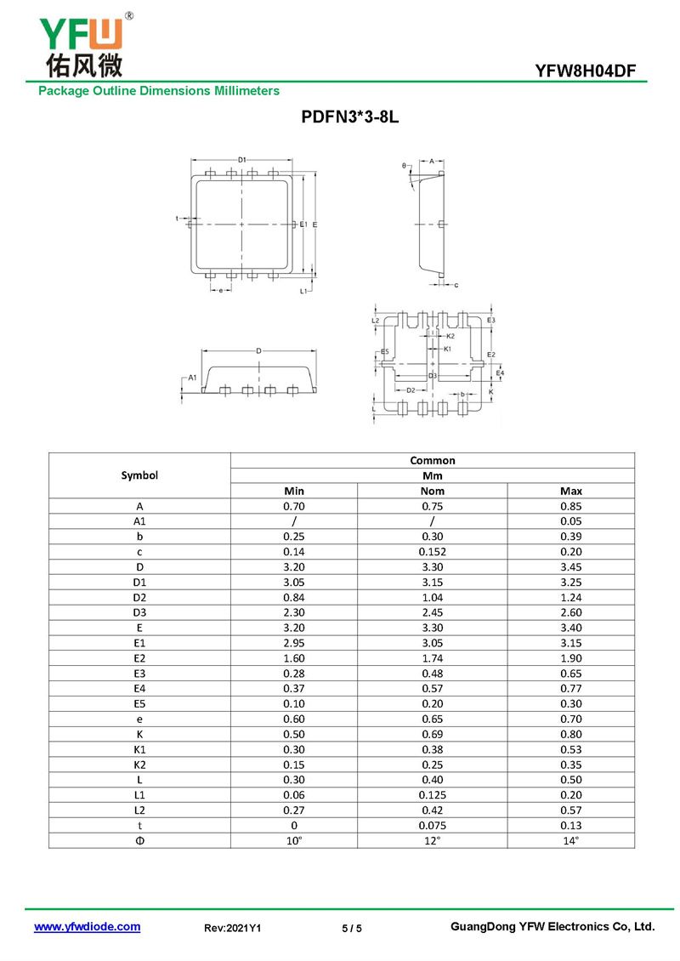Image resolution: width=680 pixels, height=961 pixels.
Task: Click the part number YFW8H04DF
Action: [586, 71]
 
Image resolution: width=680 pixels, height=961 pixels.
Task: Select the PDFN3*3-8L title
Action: [349, 118]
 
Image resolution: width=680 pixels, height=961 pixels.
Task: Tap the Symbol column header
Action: [139, 475]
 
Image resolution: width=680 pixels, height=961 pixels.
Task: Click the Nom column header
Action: [433, 491]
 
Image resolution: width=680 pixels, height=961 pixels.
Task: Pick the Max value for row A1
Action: [571, 521]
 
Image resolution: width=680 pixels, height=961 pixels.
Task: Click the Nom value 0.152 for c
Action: [433, 552]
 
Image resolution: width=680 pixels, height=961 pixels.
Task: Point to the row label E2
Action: [139, 659]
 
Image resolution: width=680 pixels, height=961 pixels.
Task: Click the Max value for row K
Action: [571, 733]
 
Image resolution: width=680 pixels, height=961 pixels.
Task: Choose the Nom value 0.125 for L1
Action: [433, 794]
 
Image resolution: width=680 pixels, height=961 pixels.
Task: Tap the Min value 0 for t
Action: [293, 825]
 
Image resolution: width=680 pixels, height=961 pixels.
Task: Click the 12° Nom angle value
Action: [433, 840]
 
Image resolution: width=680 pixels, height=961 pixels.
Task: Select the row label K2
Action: [139, 764]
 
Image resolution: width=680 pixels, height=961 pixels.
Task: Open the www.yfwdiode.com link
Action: [87, 927]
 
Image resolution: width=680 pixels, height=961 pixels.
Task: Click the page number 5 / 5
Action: [352, 929]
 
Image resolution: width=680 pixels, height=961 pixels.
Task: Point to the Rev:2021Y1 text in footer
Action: [233, 929]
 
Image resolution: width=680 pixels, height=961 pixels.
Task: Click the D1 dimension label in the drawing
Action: [242, 159]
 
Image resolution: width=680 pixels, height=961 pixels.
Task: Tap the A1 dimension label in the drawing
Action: [192, 377]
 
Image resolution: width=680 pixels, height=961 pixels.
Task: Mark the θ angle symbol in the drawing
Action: [405, 166]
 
